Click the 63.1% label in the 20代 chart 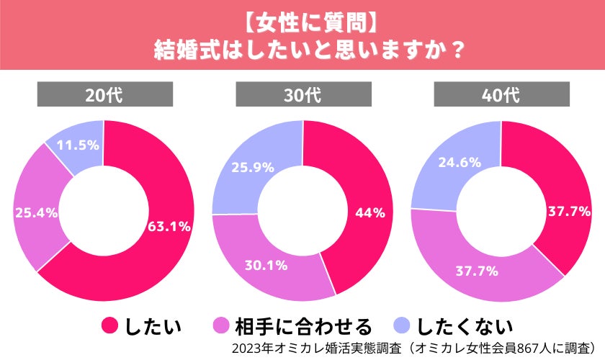(169, 226)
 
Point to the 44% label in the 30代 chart (370, 212)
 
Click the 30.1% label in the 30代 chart (266, 265)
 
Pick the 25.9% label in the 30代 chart (252, 167)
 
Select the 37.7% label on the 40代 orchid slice (475, 271)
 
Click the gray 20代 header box (105, 94)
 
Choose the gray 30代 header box (303, 94)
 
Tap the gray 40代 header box (501, 94)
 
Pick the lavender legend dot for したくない (405, 326)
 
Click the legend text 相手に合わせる (303, 326)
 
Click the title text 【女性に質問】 (303, 22)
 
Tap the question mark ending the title (454, 50)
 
